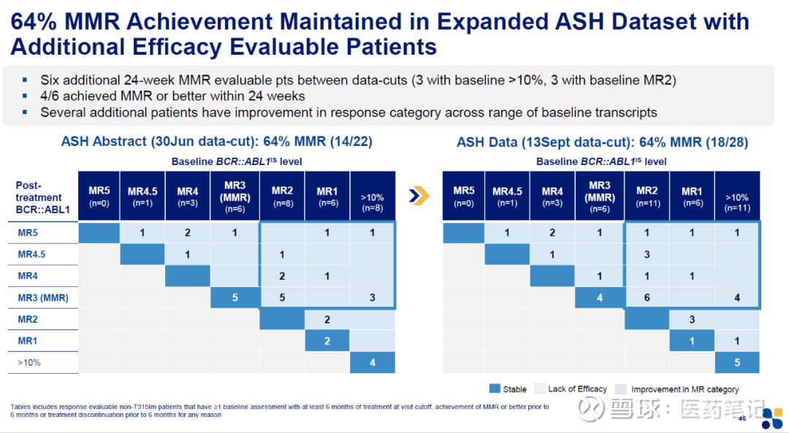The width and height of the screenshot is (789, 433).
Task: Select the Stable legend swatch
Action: pyautogui.click(x=495, y=389)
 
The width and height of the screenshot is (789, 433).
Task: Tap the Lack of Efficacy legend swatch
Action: pyautogui.click(x=540, y=389)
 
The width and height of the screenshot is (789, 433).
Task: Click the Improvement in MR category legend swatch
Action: pyautogui.click(x=622, y=389)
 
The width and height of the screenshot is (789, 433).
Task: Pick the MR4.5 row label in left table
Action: pyautogui.click(x=31, y=255)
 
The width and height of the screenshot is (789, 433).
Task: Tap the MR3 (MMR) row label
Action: pyautogui.click(x=42, y=298)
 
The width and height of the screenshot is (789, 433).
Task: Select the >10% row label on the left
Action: pyautogui.click(x=30, y=362)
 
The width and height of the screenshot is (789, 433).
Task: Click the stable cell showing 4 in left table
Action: pyautogui.click(x=372, y=363)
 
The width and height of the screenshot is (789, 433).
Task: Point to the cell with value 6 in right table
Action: pyautogui.click(x=647, y=298)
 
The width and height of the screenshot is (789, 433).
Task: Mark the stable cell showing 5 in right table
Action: pyautogui.click(x=736, y=363)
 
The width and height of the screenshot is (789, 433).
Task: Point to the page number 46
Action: pyautogui.click(x=742, y=418)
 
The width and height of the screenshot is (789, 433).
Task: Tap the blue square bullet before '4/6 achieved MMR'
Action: pyautogui.click(x=25, y=96)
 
